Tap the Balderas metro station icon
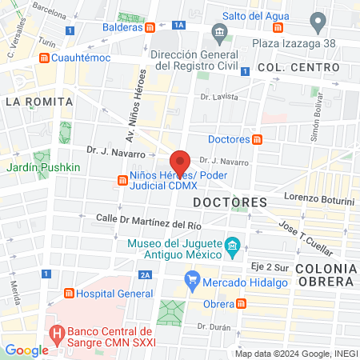point(150,27)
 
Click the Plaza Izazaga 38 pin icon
point(318,20)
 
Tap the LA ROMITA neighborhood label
point(38,102)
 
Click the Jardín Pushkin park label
point(43,167)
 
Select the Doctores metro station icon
point(257,139)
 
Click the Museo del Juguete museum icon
point(232,245)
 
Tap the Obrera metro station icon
point(242,304)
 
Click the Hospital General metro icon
point(69,294)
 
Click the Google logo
point(26,349)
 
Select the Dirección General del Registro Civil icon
point(218,34)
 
